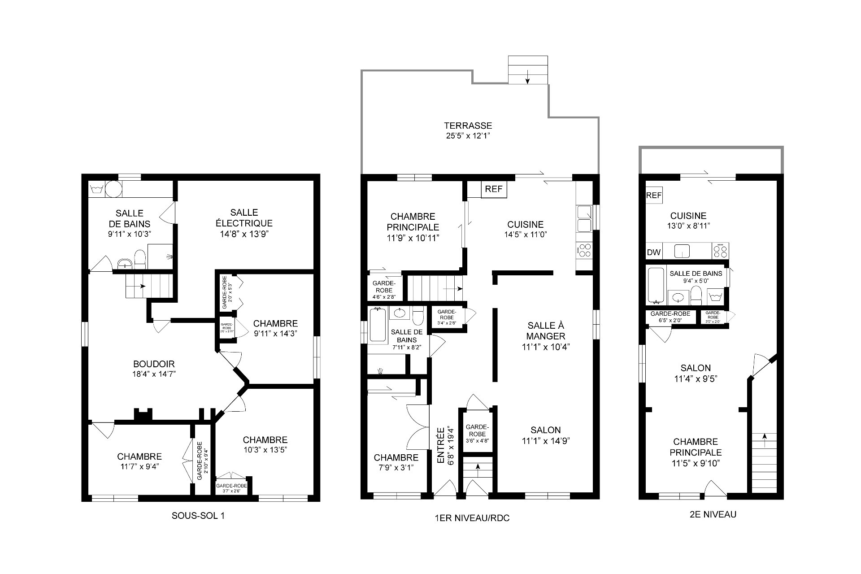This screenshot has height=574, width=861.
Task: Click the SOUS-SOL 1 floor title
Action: point(198,516)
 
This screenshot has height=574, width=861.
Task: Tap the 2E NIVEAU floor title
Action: point(713,514)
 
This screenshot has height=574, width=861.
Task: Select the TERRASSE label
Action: point(468,126)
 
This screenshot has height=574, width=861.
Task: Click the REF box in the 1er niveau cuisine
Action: point(494,189)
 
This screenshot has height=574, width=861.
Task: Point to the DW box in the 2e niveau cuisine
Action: point(654,252)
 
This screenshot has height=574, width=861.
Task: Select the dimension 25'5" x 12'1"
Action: point(468,136)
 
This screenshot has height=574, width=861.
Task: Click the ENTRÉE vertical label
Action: point(441,445)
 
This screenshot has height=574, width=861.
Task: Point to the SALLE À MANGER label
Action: point(546,330)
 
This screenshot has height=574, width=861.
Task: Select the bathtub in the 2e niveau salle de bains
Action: point(656,285)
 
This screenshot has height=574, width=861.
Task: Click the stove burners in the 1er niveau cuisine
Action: point(584,250)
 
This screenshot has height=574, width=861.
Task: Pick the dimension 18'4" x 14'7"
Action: point(154,374)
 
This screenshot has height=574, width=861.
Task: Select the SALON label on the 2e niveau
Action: point(696,368)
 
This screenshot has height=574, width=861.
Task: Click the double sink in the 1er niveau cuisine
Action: point(584,218)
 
